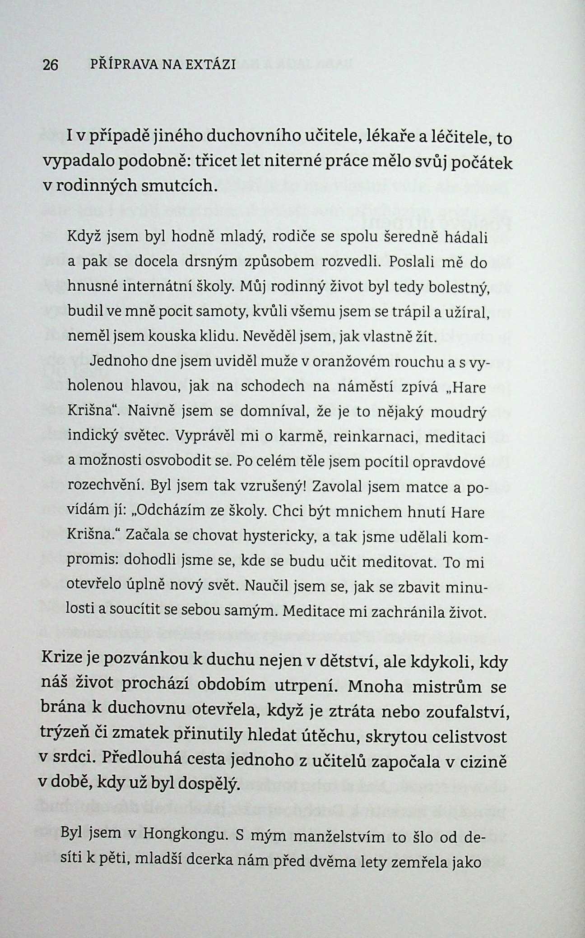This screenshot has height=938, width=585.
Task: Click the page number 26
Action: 50,65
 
